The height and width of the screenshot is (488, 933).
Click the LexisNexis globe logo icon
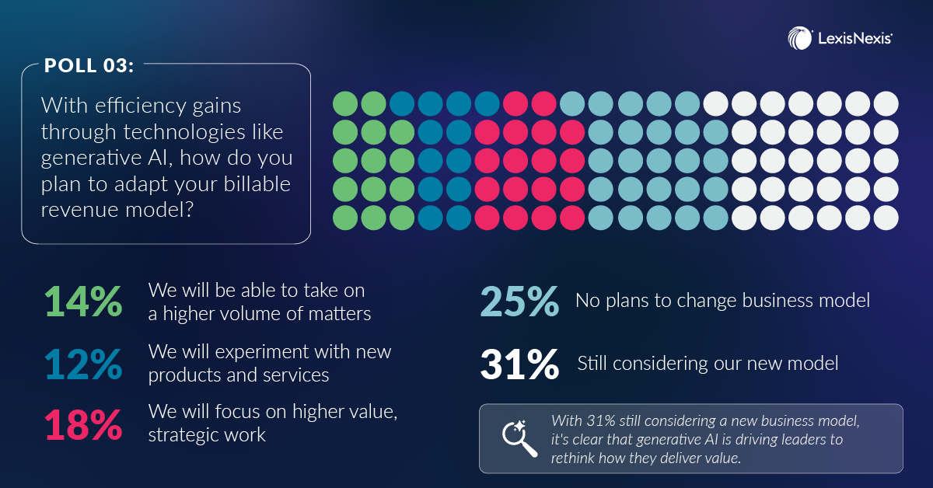(800, 38)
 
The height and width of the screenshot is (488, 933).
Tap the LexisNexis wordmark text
(854, 39)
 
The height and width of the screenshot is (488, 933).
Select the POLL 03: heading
(89, 65)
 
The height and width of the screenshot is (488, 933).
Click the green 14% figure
(83, 302)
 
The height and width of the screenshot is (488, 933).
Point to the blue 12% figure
(83, 364)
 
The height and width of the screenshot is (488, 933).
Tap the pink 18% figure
(83, 425)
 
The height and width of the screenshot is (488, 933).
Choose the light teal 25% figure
(519, 302)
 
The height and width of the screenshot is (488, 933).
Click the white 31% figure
(519, 364)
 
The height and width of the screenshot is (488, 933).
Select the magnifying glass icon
(519, 439)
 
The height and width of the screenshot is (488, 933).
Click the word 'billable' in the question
(257, 184)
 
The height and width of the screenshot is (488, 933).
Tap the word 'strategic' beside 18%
(183, 434)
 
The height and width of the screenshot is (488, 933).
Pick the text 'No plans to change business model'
(722, 301)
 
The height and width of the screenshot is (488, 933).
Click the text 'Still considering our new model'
(708, 364)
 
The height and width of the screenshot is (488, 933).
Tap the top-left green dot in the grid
(345, 103)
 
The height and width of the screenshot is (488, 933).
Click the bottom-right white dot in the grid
(886, 218)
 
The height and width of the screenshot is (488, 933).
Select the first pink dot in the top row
(515, 103)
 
